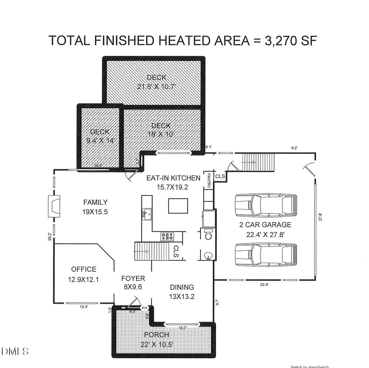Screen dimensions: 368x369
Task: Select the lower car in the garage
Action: pos(265,254)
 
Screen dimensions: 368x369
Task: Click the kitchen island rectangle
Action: pos(178,206)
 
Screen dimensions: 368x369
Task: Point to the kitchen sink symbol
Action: pos(146,213)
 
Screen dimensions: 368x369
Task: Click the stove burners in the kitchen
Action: pos(168,236)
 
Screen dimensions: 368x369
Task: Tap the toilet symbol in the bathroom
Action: pos(207,234)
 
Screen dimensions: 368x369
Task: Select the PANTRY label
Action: pos(208,181)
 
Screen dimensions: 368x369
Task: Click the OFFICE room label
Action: pos(84,269)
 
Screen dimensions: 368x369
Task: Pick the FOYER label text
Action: pos(133,278)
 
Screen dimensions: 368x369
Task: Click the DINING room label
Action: pos(182,287)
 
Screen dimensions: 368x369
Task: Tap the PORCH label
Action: pos(156,335)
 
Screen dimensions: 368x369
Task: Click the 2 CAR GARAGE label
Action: pos(265,225)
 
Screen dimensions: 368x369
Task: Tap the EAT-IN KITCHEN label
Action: pos(173,178)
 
